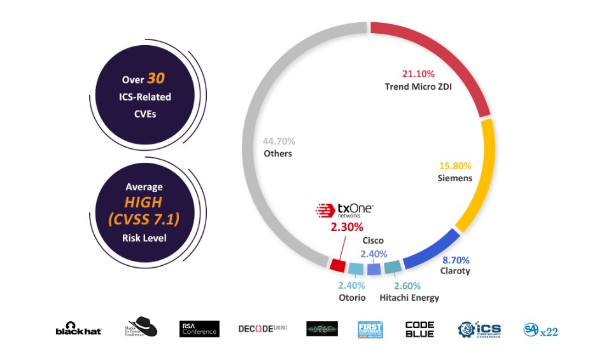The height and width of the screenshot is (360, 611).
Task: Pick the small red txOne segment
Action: [x=337, y=263]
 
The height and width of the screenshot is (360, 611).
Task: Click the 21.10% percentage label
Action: [x=418, y=74]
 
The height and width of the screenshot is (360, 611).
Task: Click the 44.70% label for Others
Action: [x=279, y=141]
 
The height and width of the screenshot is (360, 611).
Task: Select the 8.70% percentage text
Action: [x=456, y=260]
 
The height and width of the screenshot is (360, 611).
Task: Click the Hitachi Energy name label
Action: [x=409, y=298]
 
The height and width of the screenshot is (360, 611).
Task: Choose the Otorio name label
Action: [x=352, y=298]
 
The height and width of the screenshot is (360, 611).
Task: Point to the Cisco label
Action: [x=373, y=240]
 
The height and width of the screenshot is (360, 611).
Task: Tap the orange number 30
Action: [x=156, y=79]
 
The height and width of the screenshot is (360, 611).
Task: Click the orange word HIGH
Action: [x=144, y=202]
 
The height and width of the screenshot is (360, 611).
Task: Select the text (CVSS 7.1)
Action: [x=144, y=219]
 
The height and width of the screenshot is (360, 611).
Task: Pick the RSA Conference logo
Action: [x=199, y=329]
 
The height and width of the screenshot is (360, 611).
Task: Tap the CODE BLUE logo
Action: [x=420, y=329]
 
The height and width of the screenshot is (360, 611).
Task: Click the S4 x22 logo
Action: [x=540, y=330]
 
